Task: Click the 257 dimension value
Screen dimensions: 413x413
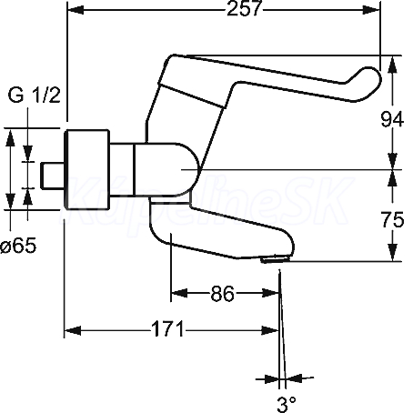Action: click(x=244, y=8)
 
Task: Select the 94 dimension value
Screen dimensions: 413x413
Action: click(x=392, y=119)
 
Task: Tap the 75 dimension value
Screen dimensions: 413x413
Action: click(x=393, y=219)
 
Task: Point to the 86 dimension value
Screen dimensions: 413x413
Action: click(x=223, y=294)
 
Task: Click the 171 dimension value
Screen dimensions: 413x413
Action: click(x=167, y=329)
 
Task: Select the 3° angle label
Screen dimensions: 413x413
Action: click(x=287, y=404)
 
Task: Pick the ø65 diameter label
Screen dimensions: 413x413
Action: click(x=18, y=245)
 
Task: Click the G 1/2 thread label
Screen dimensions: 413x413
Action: click(x=35, y=95)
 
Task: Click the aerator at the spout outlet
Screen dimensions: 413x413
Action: click(x=275, y=259)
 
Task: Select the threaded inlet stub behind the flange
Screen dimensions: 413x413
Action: click(x=52, y=176)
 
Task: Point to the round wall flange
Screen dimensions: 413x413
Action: click(x=87, y=169)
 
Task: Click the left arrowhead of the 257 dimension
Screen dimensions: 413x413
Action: click(x=76, y=10)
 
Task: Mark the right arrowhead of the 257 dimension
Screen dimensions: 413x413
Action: click(x=372, y=10)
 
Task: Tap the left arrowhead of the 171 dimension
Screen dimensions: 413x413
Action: click(x=73, y=330)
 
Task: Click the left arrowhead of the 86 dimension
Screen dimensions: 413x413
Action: click(x=179, y=293)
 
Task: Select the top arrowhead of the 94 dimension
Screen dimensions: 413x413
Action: click(x=393, y=64)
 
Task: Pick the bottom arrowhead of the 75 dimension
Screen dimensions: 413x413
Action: click(x=393, y=253)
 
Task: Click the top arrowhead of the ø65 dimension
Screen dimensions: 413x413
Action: click(x=11, y=137)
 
